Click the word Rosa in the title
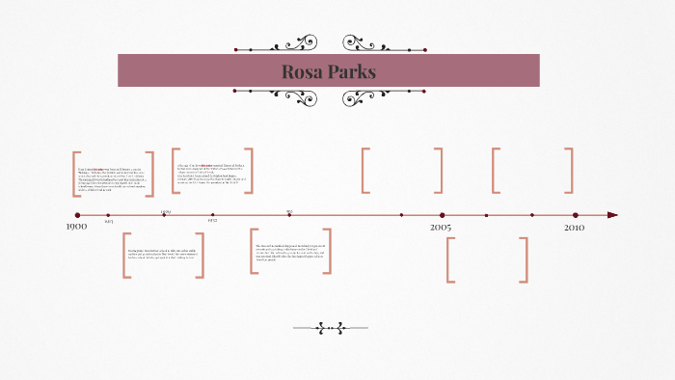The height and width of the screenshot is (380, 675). coord(302,71)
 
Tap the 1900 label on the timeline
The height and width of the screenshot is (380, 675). coord(76,227)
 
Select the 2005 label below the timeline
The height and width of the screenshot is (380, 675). coord(441,227)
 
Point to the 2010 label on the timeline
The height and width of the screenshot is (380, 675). coord(575,227)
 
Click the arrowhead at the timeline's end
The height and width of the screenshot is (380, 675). coord(612,215)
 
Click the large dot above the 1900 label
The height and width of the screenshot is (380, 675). coord(77,215)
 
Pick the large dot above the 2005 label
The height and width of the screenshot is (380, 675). coord(442,215)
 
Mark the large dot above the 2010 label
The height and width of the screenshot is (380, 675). coord(575,215)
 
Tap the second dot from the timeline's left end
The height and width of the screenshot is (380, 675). coord(108,215)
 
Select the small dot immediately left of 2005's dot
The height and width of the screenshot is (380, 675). coord(401,215)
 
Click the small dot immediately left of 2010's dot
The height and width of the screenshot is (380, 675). coord(531,215)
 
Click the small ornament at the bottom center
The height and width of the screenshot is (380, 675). coord(331,328)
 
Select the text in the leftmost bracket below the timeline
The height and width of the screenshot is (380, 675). coord(163,255)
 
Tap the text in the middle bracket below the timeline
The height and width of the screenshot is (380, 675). coord(289,252)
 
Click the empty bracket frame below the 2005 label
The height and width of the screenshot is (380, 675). coord(487,259)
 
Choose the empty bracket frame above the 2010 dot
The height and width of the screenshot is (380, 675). coord(532,171)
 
